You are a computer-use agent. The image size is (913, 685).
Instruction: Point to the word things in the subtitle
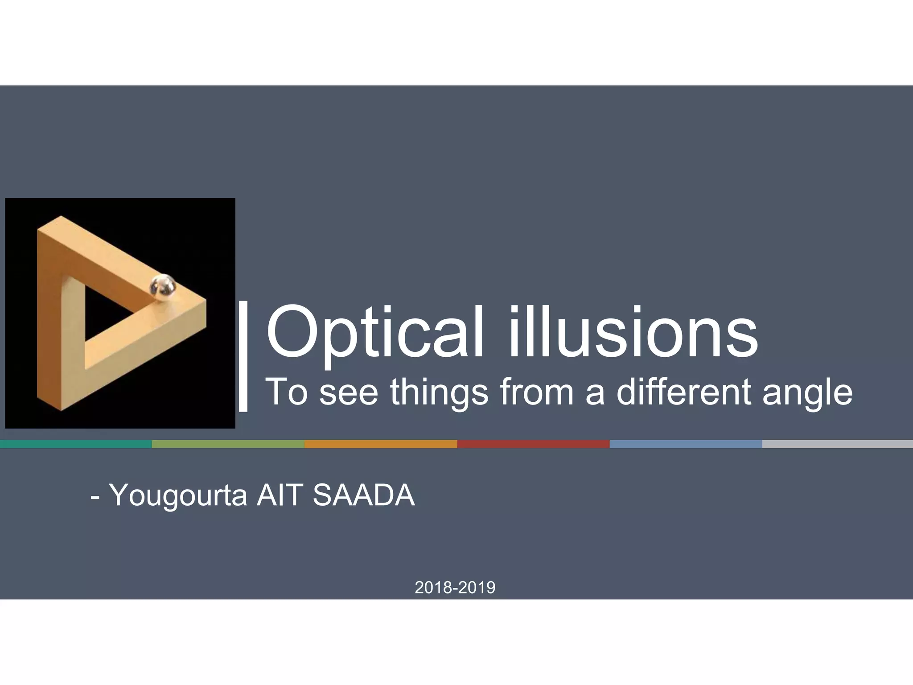click(x=439, y=392)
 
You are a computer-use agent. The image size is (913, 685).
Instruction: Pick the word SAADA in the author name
click(x=364, y=495)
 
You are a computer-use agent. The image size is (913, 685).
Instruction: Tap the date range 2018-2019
click(x=455, y=587)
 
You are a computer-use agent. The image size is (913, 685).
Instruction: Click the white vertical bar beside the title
click(x=243, y=355)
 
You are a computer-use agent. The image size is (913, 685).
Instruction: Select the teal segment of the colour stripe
click(x=76, y=444)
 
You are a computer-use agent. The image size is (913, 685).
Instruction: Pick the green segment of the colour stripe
click(x=228, y=444)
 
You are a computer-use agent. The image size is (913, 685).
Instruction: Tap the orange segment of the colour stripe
click(x=380, y=444)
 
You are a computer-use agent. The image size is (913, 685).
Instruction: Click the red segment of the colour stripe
click(x=533, y=444)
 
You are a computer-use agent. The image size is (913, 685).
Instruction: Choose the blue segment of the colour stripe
click(x=686, y=444)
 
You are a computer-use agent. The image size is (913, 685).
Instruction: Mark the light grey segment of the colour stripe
click(x=837, y=444)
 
